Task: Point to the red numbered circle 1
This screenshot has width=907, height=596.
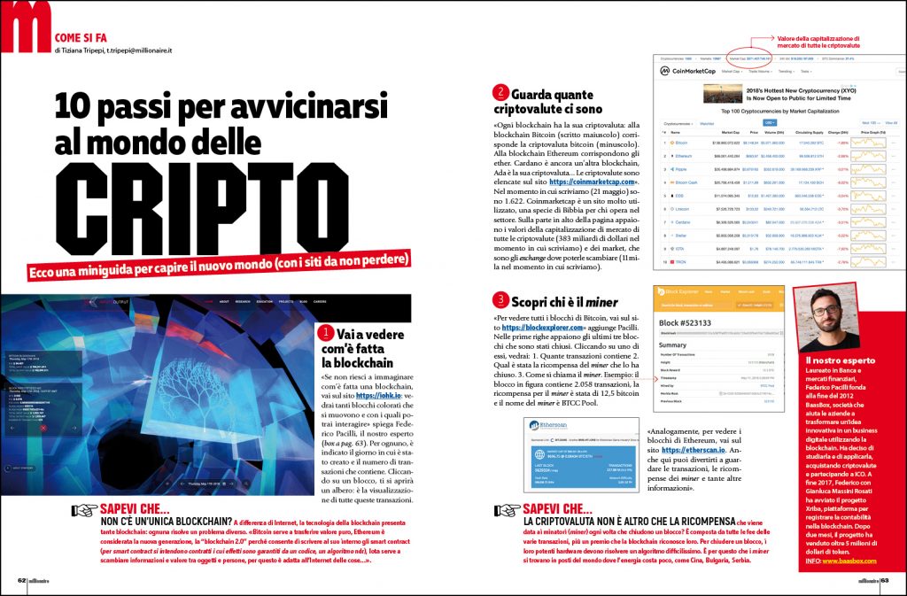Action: [324, 334]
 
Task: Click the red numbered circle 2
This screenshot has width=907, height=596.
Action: [501, 92]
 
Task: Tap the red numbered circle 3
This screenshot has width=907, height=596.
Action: [501, 299]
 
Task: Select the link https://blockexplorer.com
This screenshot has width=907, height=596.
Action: [542, 327]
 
